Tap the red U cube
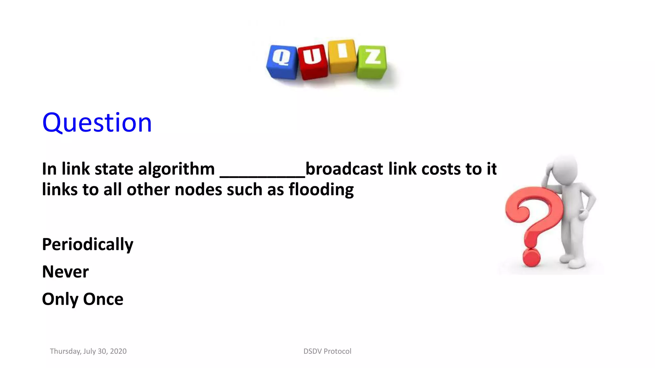tap(312, 62)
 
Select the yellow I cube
tap(342, 56)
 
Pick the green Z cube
tap(372, 62)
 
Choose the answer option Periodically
tap(88, 244)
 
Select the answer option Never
tap(65, 272)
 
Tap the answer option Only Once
tap(83, 299)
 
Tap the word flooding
tap(321, 190)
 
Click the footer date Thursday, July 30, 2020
tap(88, 351)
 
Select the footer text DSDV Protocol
tap(327, 351)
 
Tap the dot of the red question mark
tap(531, 257)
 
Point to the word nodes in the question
tap(198, 190)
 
